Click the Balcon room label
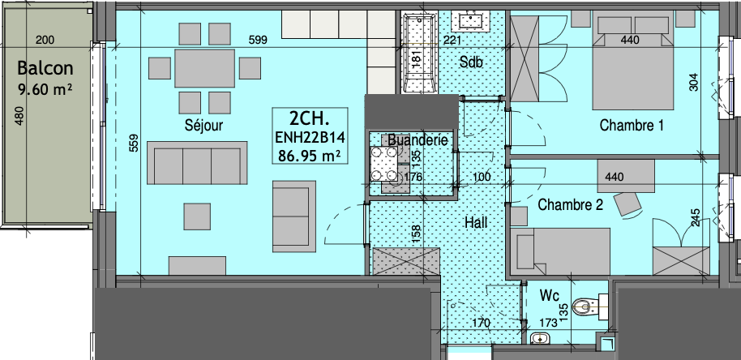45,68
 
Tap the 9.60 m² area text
45,89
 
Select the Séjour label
203,126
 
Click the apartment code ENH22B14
310,138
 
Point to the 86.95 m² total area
310,155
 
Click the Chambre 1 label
632,125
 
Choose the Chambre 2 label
571,204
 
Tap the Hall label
476,222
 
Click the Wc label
550,296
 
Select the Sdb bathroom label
471,62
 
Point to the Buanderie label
418,139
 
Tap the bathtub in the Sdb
418,52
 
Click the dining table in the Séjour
204,68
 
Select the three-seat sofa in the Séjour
197,162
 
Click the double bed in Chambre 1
633,61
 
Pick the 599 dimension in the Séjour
258,41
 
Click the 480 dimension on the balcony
19,116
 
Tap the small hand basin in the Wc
539,338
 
